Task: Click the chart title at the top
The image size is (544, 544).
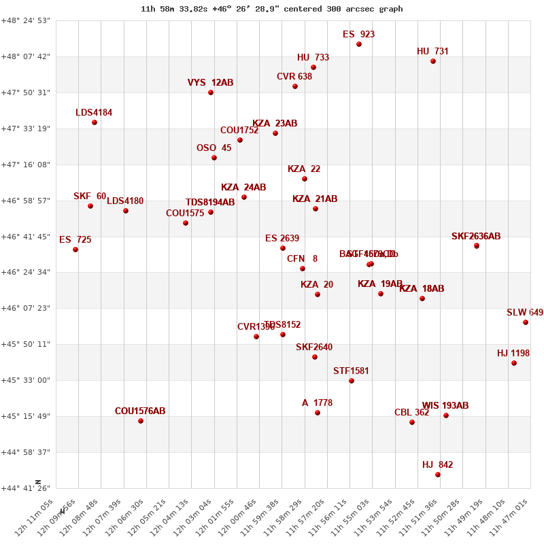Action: pos(271,9)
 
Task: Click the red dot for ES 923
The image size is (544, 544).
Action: pos(359,44)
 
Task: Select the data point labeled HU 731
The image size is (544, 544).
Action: pos(433,61)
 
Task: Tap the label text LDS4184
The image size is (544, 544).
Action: pos(94,113)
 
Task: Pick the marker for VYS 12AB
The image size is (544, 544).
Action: pos(211,92)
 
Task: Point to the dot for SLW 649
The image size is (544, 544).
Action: pos(526,322)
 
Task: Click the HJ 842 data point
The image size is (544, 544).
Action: pos(438,475)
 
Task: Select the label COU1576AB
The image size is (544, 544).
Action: pos(140,411)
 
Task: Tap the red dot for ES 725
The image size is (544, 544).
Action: pos(75,250)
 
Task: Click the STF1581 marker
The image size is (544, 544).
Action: pos(352,381)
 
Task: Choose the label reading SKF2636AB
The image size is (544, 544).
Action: pos(476,237)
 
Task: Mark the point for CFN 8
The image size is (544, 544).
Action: pos(303,269)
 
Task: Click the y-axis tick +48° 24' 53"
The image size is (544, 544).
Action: pos(27,20)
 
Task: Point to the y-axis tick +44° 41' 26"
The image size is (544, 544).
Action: pos(27,488)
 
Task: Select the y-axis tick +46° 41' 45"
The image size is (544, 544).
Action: pos(27,237)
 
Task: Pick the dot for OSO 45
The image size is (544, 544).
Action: pos(214,158)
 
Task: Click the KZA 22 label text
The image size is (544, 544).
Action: pos(304,169)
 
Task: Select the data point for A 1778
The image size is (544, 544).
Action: pos(318,413)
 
